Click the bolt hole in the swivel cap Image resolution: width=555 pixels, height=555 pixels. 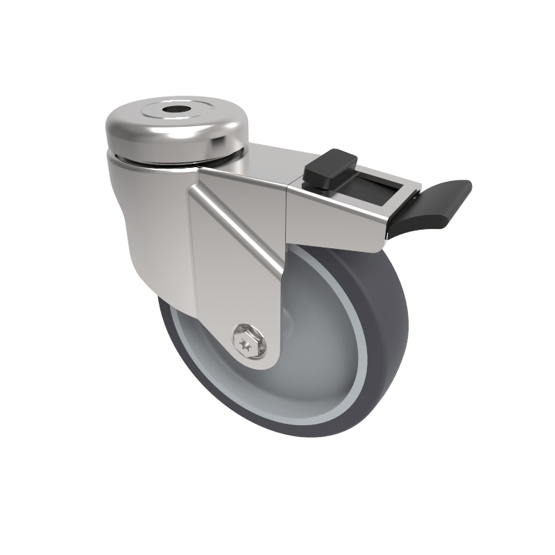pyautogui.click(x=170, y=111)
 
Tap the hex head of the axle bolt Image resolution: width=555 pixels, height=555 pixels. pyautogui.click(x=248, y=339)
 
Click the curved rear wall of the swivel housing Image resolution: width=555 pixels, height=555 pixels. pyautogui.click(x=139, y=229)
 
